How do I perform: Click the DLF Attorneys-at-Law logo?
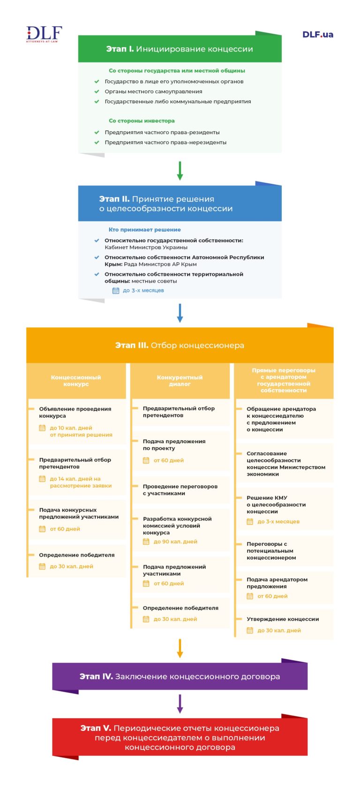(44, 34)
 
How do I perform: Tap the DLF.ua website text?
(317, 34)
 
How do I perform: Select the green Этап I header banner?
(180, 49)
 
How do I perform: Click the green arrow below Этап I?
(180, 171)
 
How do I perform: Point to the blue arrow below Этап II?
(180, 313)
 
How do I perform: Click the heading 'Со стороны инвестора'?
(142, 121)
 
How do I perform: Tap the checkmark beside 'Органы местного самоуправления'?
(97, 91)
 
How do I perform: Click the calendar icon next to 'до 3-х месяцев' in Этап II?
(116, 291)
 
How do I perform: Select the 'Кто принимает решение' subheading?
(144, 230)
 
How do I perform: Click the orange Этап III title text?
(180, 345)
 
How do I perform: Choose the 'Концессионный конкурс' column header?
(76, 380)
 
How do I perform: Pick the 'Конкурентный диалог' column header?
(180, 380)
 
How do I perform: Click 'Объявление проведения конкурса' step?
(75, 412)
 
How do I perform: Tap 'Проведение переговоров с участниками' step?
(180, 490)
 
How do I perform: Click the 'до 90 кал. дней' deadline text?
(175, 542)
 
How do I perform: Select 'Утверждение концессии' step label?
(283, 619)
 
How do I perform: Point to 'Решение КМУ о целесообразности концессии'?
(276, 505)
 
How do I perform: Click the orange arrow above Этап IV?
(180, 648)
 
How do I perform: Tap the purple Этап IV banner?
(180, 676)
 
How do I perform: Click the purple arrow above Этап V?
(180, 704)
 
